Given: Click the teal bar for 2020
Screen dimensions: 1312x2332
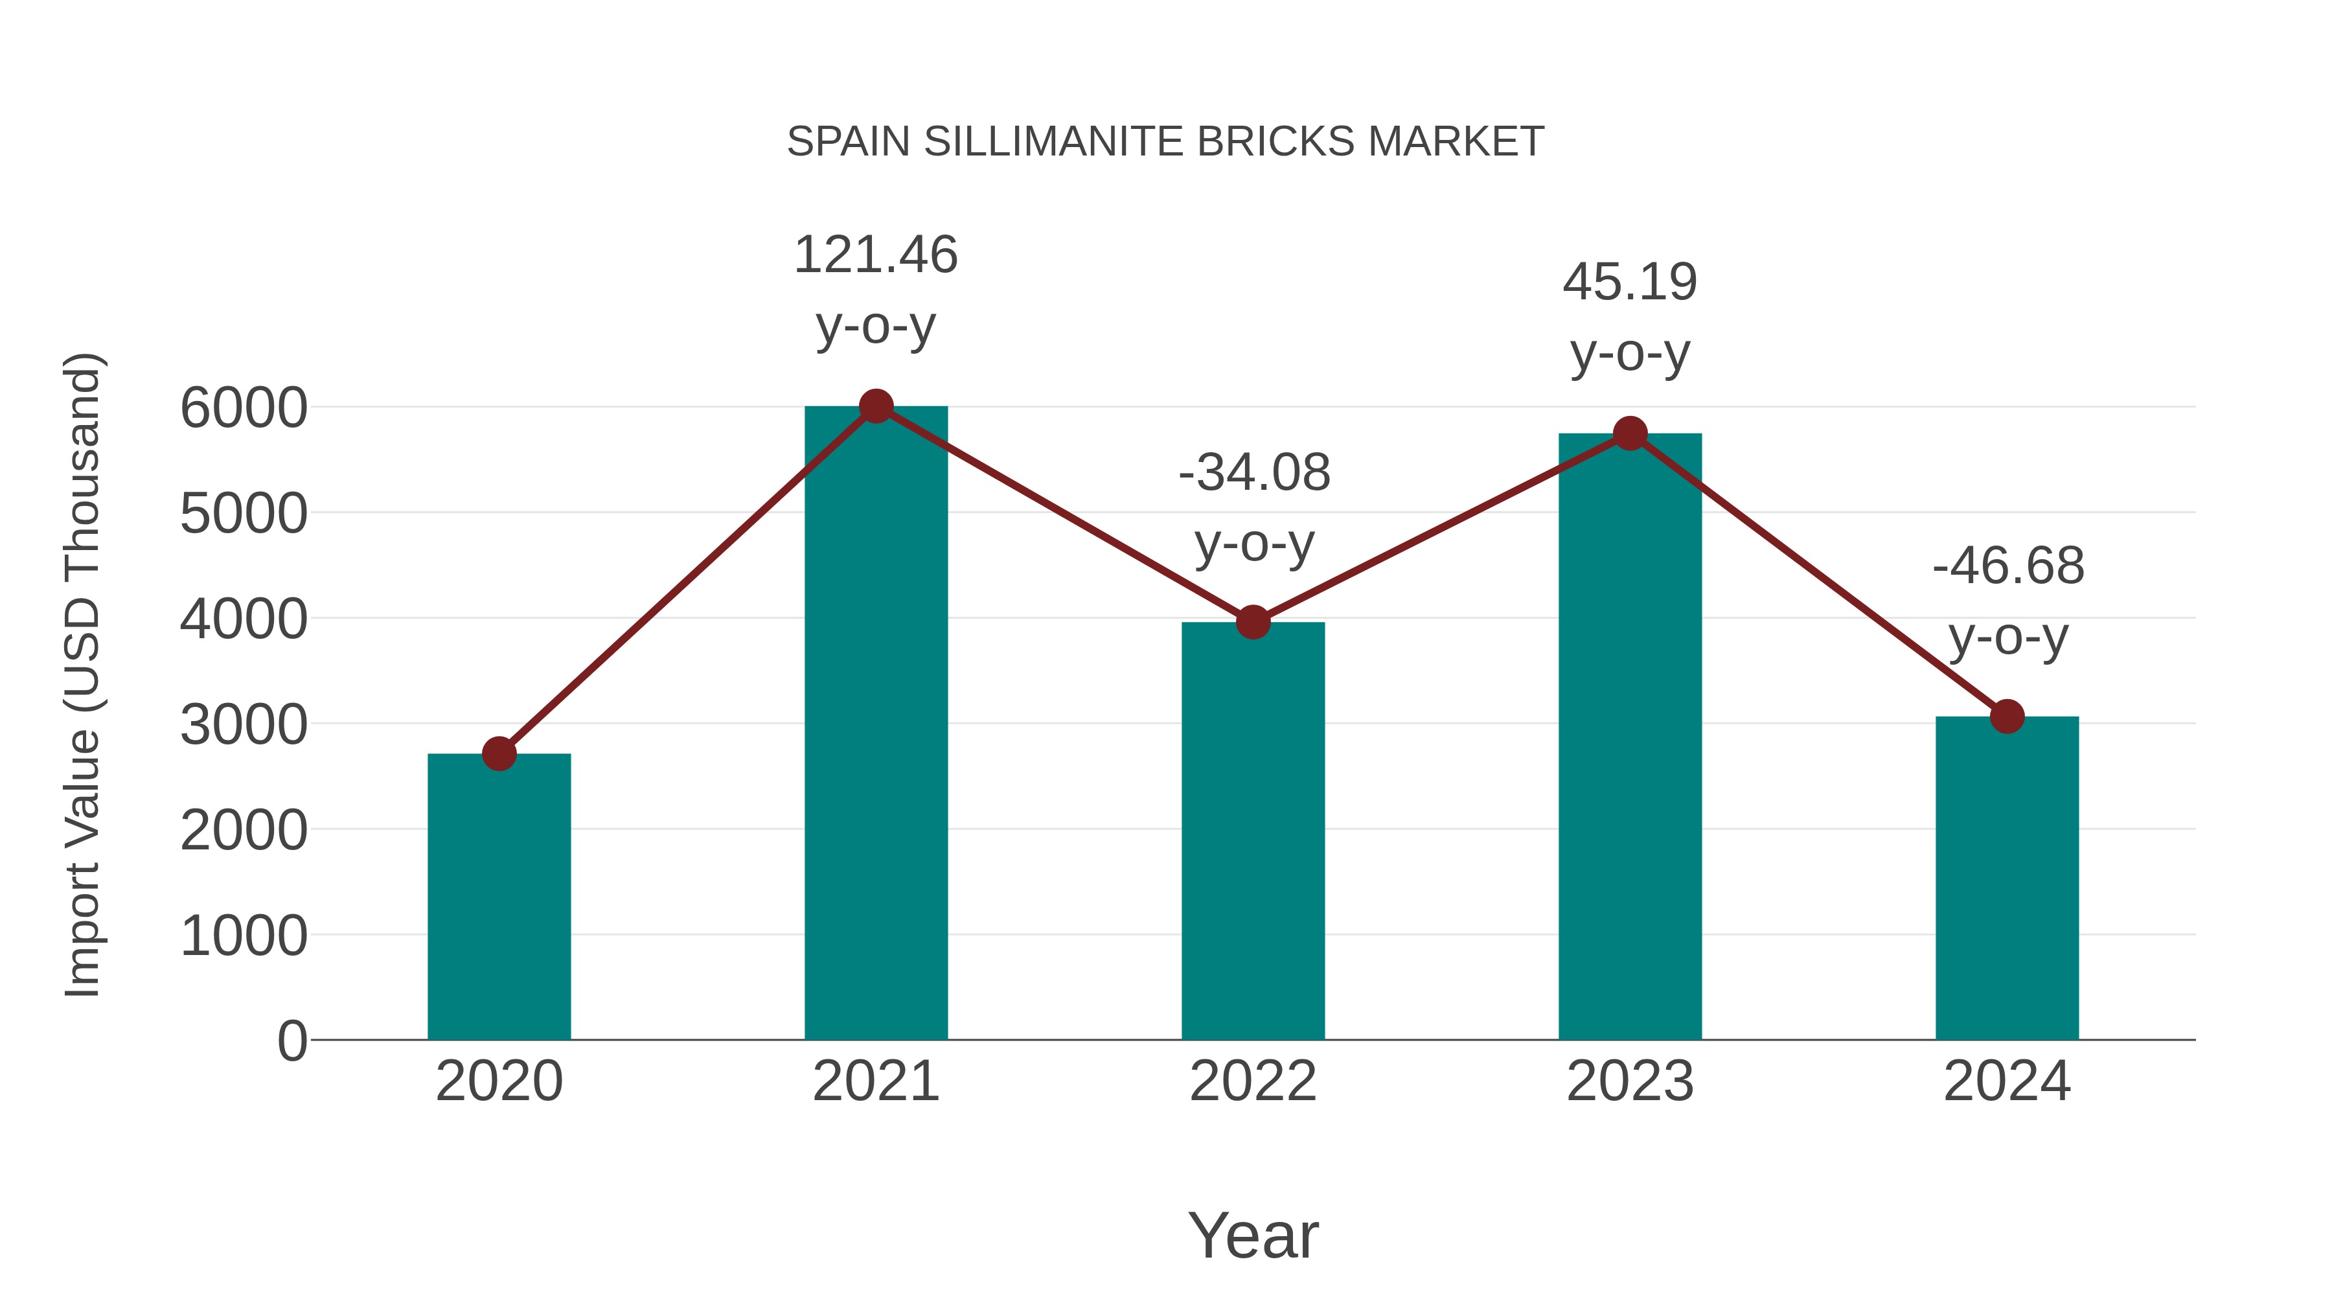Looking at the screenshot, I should (x=499, y=897).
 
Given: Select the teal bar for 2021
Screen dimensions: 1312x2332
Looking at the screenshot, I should (x=875, y=724).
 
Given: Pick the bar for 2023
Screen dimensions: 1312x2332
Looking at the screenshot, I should (x=1630, y=738).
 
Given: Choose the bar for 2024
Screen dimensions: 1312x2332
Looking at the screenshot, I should (x=2007, y=879).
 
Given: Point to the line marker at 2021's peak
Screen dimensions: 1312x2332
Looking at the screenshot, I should (x=875, y=406).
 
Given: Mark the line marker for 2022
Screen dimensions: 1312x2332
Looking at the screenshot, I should (x=1253, y=622).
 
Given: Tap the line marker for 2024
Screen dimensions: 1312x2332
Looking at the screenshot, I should (x=2007, y=716).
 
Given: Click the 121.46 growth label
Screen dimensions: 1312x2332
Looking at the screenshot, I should (x=875, y=255).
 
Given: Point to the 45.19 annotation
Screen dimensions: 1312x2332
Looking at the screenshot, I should (x=1630, y=282).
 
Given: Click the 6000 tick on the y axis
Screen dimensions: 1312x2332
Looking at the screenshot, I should (x=244, y=408).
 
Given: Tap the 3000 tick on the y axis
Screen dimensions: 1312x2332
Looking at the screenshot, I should (x=244, y=724).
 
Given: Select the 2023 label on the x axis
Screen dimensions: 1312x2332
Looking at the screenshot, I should (x=1630, y=1081).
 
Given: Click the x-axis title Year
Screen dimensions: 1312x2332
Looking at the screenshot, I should (x=1253, y=1235).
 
